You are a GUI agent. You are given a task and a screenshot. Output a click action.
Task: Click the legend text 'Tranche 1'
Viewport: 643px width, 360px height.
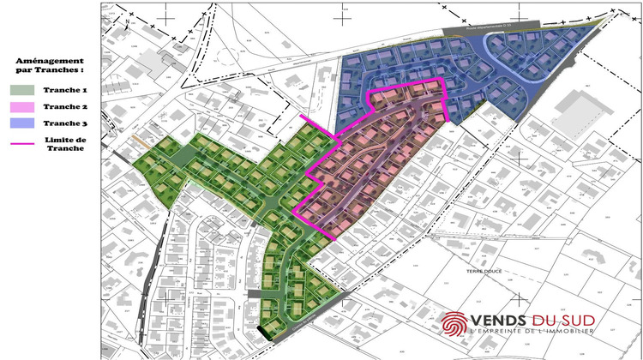(66, 90)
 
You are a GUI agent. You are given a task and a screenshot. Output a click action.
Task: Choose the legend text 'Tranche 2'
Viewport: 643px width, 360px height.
(66, 108)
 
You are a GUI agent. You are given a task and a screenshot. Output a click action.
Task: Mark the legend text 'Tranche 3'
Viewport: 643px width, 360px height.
(66, 125)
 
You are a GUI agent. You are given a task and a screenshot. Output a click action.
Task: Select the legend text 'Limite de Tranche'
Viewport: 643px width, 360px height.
(66, 143)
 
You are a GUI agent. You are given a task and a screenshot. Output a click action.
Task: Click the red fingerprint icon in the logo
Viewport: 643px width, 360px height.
(454, 324)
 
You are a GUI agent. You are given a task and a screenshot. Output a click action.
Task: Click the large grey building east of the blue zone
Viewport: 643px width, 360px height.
(580, 111)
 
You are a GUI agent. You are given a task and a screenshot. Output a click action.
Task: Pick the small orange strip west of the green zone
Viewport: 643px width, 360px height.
(138, 140)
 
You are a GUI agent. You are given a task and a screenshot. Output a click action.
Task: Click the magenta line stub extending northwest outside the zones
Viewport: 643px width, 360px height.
(315, 125)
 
